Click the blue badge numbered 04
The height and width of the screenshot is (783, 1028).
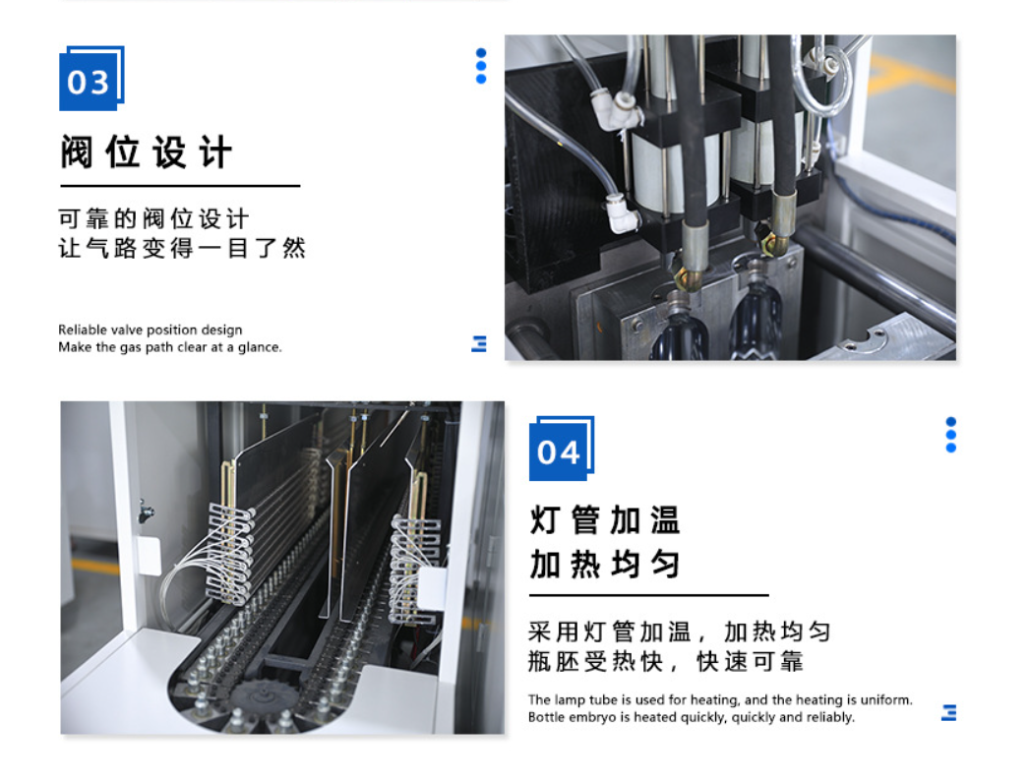[x=561, y=449]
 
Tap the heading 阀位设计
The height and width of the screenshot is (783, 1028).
[x=147, y=152]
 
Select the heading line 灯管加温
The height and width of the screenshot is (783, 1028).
[x=605, y=520]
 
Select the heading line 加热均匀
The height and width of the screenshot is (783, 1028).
[x=605, y=564]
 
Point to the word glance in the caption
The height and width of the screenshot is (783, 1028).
[x=259, y=347]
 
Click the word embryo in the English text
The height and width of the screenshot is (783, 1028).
[x=592, y=717]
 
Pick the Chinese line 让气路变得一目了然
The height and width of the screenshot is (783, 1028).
[x=182, y=249]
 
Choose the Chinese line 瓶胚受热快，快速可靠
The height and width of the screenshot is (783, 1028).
[x=666, y=662]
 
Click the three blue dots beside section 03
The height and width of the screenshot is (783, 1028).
[x=481, y=66]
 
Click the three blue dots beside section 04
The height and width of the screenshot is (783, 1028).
[x=951, y=435]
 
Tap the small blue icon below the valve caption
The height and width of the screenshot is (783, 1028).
[x=479, y=344]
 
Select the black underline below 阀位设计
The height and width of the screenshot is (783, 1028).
[x=180, y=186]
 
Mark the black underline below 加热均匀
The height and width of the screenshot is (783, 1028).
[x=649, y=595]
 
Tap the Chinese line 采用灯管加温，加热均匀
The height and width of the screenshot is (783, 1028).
[x=680, y=632]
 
